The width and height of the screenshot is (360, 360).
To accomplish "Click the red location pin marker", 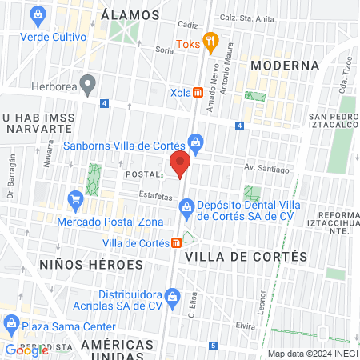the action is (181, 165).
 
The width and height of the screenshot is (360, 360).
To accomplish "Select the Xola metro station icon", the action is (197, 92).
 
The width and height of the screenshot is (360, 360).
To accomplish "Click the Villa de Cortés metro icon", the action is (176, 243).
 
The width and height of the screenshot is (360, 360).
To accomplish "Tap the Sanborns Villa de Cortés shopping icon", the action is (196, 144).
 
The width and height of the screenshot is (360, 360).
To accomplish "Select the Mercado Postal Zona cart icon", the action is (77, 198).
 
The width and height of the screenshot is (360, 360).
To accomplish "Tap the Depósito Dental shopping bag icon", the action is (186, 209).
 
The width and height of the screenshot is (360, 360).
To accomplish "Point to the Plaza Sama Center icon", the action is (11, 326).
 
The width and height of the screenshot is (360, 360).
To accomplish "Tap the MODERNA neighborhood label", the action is (285, 65).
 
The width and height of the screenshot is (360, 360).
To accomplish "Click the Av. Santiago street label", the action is (265, 168).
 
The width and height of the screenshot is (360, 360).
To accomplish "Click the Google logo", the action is (26, 350).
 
